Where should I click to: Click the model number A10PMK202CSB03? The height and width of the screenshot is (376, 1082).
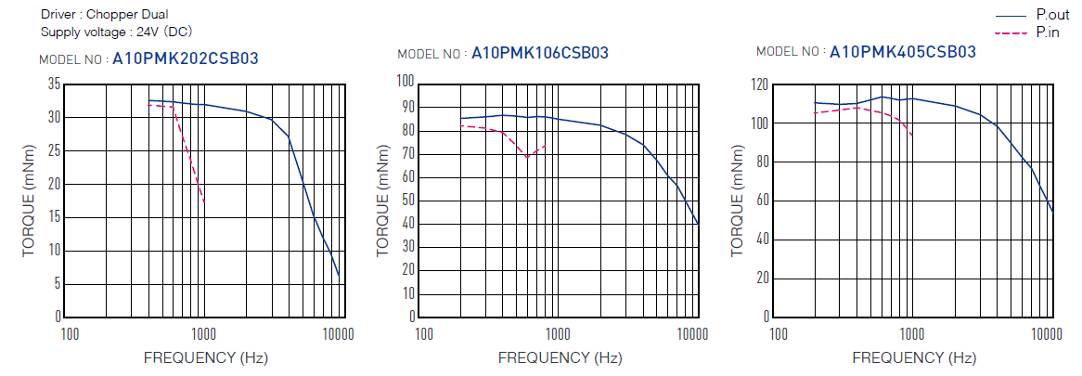[185, 59]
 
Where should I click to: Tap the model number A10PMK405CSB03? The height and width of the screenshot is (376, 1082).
[902, 52]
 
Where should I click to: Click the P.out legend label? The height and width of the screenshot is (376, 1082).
[1052, 16]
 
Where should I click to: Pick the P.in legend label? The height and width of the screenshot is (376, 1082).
[1048, 32]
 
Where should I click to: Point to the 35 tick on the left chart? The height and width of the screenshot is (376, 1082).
[54, 84]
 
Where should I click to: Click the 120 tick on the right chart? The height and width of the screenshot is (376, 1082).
[759, 84]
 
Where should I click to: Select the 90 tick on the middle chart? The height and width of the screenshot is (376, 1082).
[406, 105]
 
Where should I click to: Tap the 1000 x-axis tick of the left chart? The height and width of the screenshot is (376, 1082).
[203, 333]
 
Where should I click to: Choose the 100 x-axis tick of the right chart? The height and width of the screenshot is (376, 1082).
[779, 333]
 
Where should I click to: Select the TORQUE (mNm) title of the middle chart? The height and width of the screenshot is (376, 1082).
[382, 201]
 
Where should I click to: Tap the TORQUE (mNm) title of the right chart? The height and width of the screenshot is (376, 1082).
[738, 201]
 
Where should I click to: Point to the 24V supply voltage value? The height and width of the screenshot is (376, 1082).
[149, 32]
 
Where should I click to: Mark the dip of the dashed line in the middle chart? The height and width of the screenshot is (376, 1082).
[527, 157]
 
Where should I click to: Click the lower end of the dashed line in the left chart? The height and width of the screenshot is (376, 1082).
[204, 202]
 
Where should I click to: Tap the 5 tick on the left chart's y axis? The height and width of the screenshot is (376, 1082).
[58, 283]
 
